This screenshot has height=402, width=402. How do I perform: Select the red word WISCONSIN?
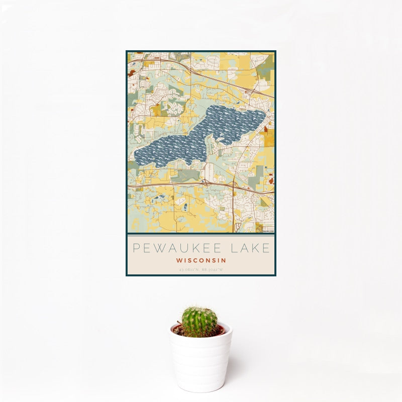pos(201,261)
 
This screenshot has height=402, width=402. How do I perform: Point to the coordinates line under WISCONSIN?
pos(201,270)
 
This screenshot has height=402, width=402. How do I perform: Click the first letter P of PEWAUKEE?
pos(135,248)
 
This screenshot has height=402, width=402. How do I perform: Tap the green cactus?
pos(199,322)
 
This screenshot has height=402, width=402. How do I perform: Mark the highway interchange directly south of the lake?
pos(205,183)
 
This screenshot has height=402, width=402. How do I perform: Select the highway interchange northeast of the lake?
pos(249,90)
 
